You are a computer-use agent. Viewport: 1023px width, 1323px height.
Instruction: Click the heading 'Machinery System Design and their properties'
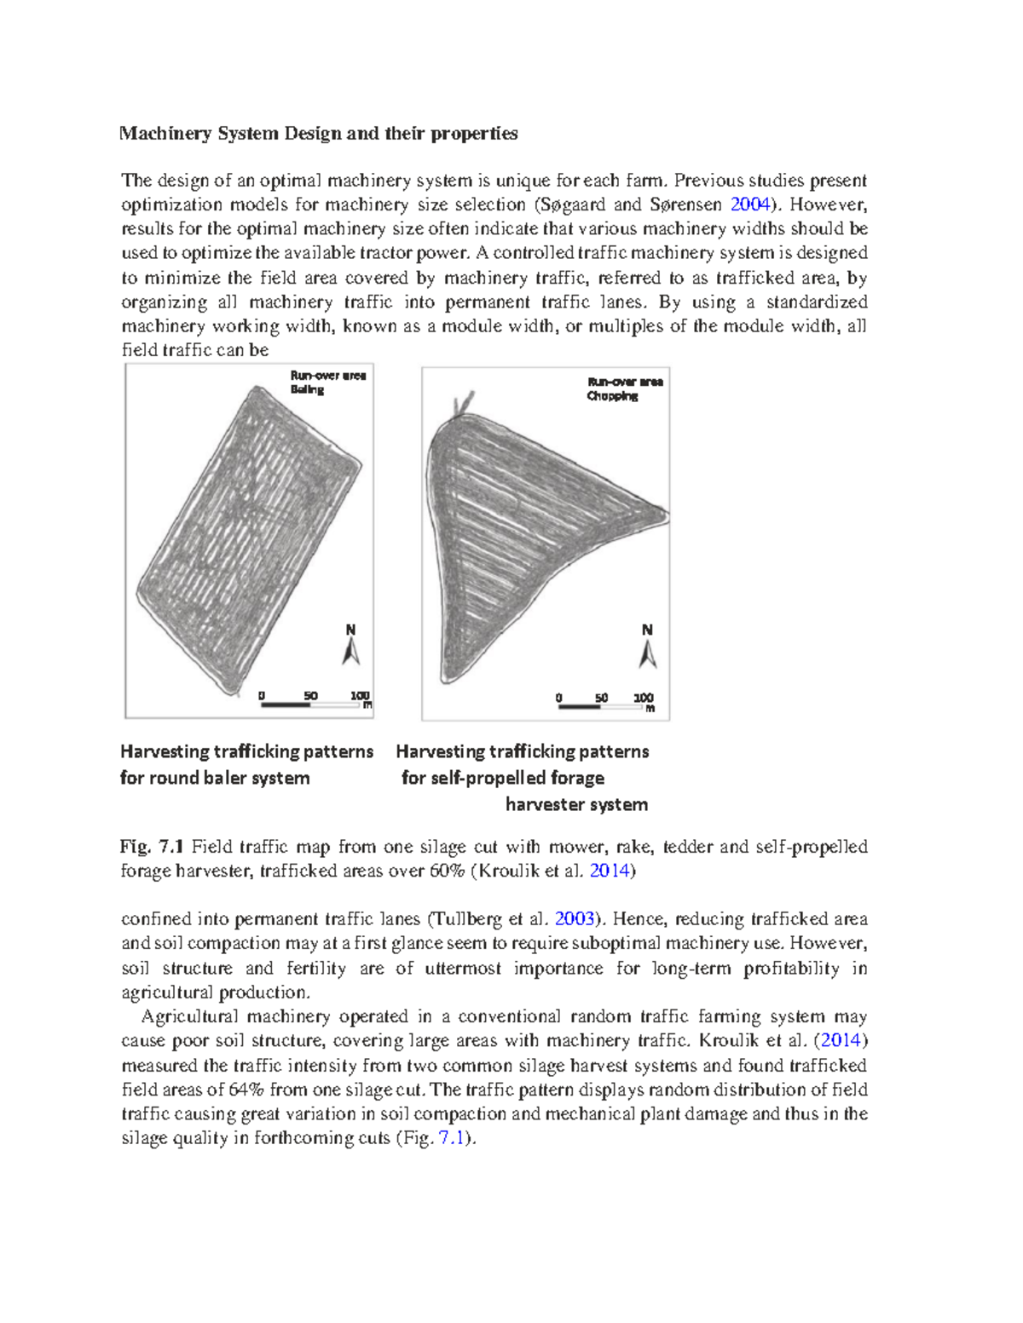coord(318,134)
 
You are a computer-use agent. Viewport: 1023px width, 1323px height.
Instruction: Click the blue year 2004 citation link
coord(751,204)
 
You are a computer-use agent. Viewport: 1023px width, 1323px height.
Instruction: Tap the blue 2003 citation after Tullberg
coord(574,919)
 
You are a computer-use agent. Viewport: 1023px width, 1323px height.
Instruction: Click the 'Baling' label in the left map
coord(307,389)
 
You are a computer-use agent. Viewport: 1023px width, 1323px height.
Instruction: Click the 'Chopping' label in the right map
coord(612,396)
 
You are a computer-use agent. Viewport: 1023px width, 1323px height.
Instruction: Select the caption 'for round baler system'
coord(215,778)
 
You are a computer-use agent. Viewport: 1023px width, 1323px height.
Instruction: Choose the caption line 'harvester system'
coord(576,804)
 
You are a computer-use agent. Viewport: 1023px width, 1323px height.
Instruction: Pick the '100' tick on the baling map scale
coord(360,695)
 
